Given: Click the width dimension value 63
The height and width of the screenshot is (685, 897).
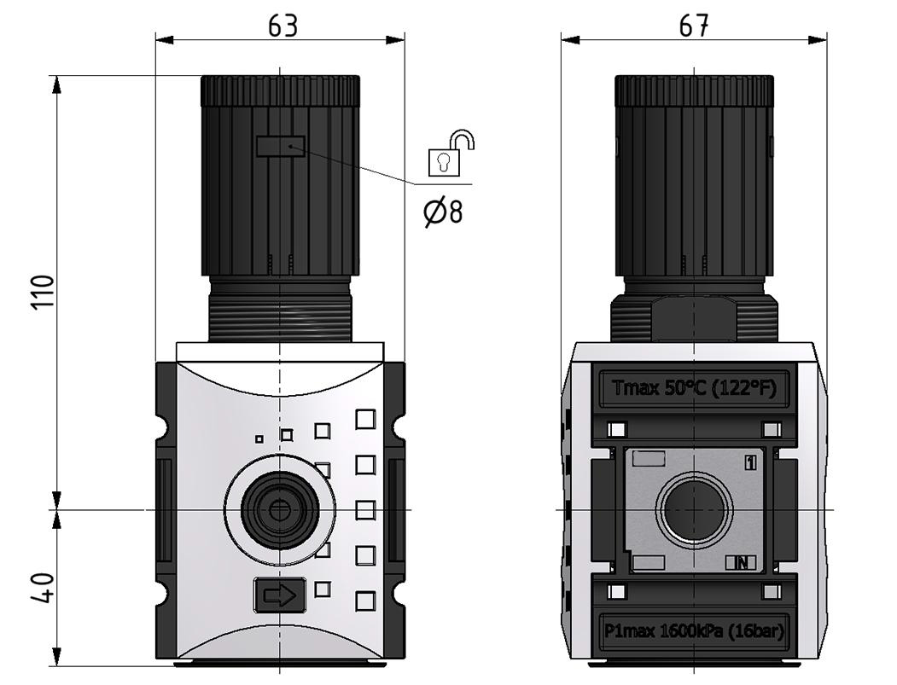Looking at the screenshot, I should [x=282, y=26].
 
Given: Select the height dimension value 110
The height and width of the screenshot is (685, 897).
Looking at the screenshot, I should [x=44, y=292].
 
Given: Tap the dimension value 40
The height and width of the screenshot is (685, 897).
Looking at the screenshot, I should [x=44, y=589].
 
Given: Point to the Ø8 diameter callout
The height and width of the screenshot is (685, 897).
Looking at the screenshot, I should [x=444, y=210].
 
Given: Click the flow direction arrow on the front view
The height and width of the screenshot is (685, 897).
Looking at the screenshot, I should [x=280, y=595].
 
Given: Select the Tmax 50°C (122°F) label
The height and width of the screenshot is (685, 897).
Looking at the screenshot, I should [x=694, y=388].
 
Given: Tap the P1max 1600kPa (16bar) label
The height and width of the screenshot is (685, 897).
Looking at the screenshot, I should [x=694, y=631].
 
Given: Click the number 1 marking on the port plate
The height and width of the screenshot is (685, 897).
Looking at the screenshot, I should [x=749, y=462].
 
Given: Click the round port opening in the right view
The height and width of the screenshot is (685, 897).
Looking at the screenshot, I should [x=694, y=510].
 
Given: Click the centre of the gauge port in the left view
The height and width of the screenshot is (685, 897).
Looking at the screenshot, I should [x=278, y=510].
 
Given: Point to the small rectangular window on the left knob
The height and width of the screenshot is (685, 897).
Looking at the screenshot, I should [x=280, y=146].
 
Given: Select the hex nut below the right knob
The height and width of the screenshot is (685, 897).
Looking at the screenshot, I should [x=694, y=317].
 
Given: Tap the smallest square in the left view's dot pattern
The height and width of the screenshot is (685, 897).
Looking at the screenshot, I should [x=259, y=439].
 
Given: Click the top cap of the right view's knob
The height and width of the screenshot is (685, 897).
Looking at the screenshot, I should [x=694, y=90].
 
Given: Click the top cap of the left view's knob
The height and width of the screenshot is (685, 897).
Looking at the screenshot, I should [x=280, y=90].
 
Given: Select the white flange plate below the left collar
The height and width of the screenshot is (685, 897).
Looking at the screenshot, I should [x=280, y=351].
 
